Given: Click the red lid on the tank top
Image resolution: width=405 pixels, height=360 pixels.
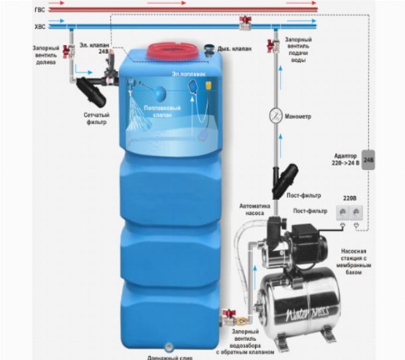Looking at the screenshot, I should (169, 50).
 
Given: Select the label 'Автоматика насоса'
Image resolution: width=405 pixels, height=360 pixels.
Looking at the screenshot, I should (256, 211).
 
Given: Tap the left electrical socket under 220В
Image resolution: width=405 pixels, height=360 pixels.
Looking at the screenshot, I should (343, 213).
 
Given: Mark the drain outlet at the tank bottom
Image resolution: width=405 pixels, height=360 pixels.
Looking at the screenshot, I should (169, 346).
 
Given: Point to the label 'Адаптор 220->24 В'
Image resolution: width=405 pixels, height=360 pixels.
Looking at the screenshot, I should (347, 160).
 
